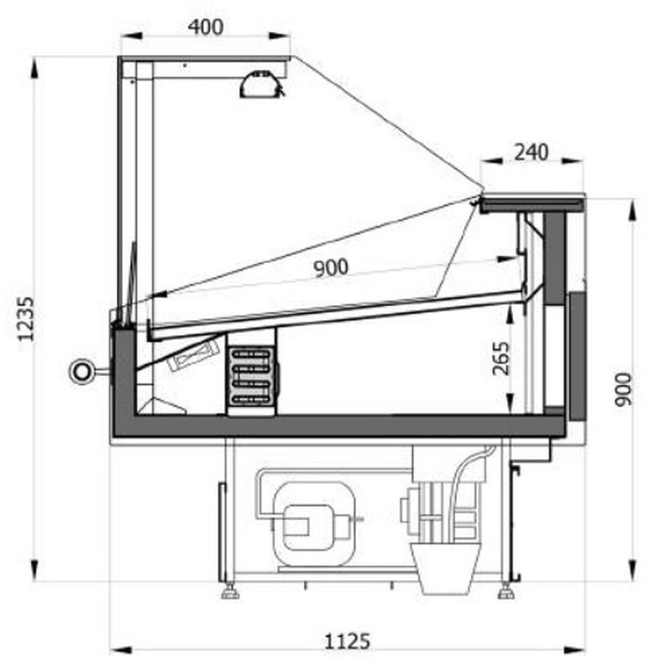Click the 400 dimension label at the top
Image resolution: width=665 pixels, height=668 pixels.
[x=205, y=27]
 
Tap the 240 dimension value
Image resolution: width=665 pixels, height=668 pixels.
[x=531, y=152]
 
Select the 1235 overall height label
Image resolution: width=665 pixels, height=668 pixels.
[x=26, y=318]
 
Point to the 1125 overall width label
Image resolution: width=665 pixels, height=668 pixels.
[x=347, y=641]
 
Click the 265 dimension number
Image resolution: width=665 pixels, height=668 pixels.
[x=501, y=358]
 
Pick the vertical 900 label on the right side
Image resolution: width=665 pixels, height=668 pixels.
[x=624, y=389]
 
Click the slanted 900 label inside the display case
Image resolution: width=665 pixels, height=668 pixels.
[x=331, y=267]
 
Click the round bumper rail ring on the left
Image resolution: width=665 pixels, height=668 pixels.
[x=81, y=372]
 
